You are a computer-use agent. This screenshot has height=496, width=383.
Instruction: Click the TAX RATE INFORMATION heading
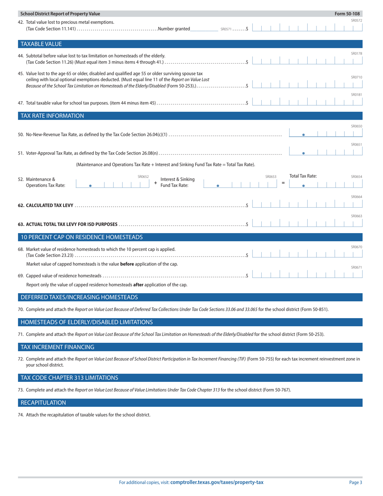pos(52,116)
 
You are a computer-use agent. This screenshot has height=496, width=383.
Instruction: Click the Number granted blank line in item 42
pos(204,28)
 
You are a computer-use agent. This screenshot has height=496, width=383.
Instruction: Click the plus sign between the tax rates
pos(156,183)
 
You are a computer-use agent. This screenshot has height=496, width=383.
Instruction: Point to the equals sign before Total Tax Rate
pos(283,183)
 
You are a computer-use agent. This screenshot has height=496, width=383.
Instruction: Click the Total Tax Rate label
pos(303,176)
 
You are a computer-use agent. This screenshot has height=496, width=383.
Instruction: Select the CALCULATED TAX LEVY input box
pos(307,205)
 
